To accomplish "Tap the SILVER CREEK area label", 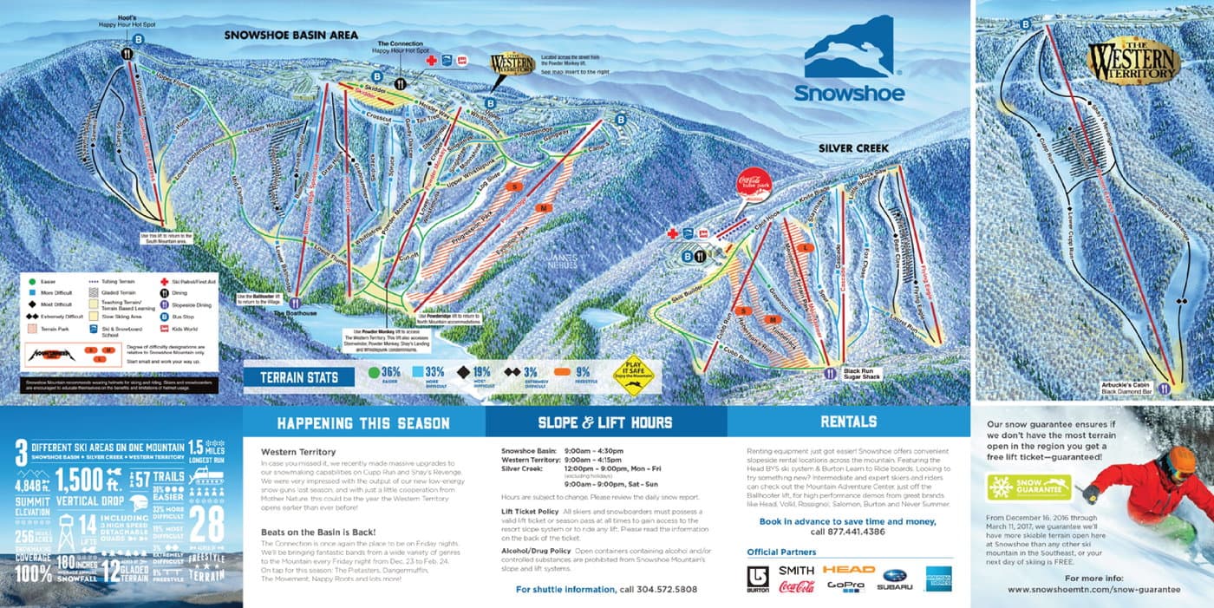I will click(853, 148).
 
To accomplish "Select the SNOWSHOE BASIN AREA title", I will click(290, 36).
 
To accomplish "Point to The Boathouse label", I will click(290, 313).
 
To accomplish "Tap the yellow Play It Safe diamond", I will click(633, 375).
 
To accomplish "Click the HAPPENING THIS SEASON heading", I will click(362, 423).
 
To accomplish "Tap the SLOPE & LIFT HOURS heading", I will click(604, 423).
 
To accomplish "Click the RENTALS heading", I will click(847, 422).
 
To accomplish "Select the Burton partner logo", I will click(758, 579).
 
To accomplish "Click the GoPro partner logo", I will click(845, 586).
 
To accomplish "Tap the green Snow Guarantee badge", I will click(1028, 486).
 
